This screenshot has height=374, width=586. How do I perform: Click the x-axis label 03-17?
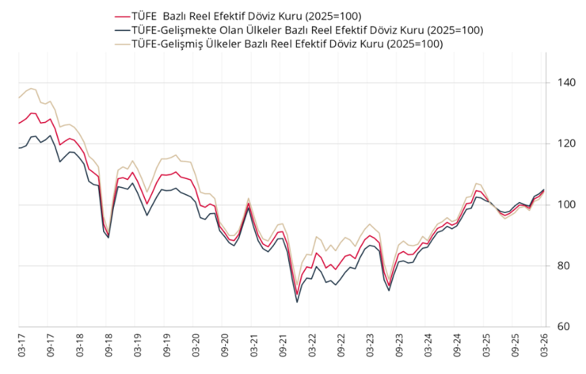click(18, 346)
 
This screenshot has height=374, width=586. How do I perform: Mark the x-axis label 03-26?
click(544, 346)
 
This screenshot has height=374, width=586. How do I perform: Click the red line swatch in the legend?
click(122, 16)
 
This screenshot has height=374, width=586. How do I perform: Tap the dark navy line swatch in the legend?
click(122, 30)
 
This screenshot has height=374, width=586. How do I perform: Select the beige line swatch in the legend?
click(122, 44)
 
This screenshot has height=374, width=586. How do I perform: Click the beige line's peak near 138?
click(32, 89)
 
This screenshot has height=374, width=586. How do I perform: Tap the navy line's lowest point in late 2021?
click(297, 302)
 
